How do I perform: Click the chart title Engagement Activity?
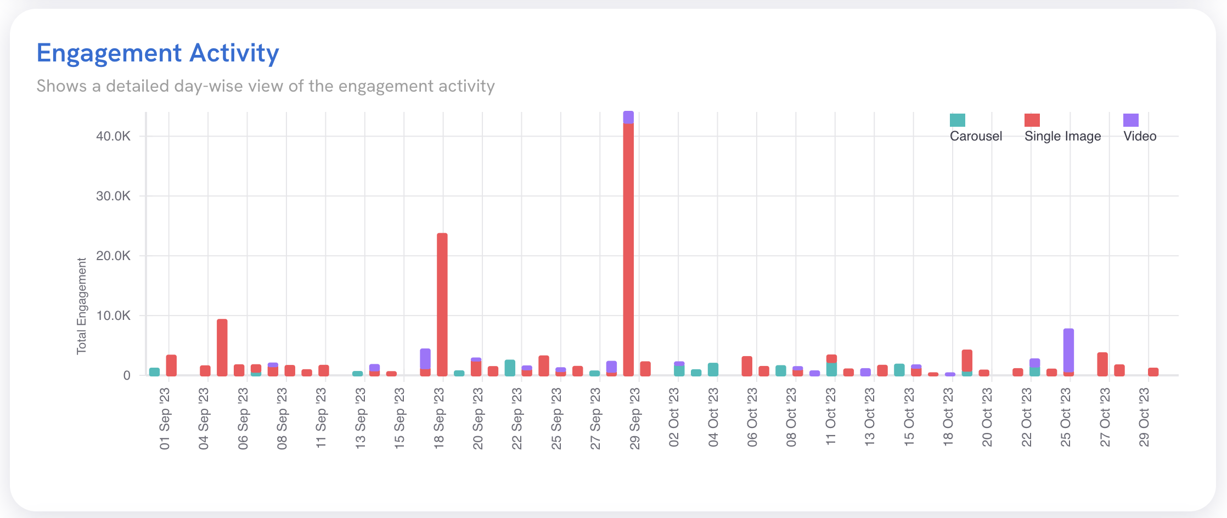click(157, 53)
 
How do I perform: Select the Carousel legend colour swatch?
click(957, 120)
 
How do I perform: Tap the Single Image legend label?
click(1062, 136)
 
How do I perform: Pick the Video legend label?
click(1140, 136)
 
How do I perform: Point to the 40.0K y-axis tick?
click(113, 136)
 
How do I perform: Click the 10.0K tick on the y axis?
click(113, 316)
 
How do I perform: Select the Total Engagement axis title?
click(82, 306)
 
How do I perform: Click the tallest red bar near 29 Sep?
click(628, 247)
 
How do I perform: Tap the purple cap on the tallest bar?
click(628, 117)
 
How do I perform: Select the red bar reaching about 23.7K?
click(442, 305)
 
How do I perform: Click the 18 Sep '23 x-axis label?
click(439, 419)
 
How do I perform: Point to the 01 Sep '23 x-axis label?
click(165, 419)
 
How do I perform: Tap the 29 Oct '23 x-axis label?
click(1144, 419)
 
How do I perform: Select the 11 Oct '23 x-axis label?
click(831, 419)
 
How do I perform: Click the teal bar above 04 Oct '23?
click(713, 369)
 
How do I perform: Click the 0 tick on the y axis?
click(127, 375)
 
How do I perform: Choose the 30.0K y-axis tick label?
click(113, 196)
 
